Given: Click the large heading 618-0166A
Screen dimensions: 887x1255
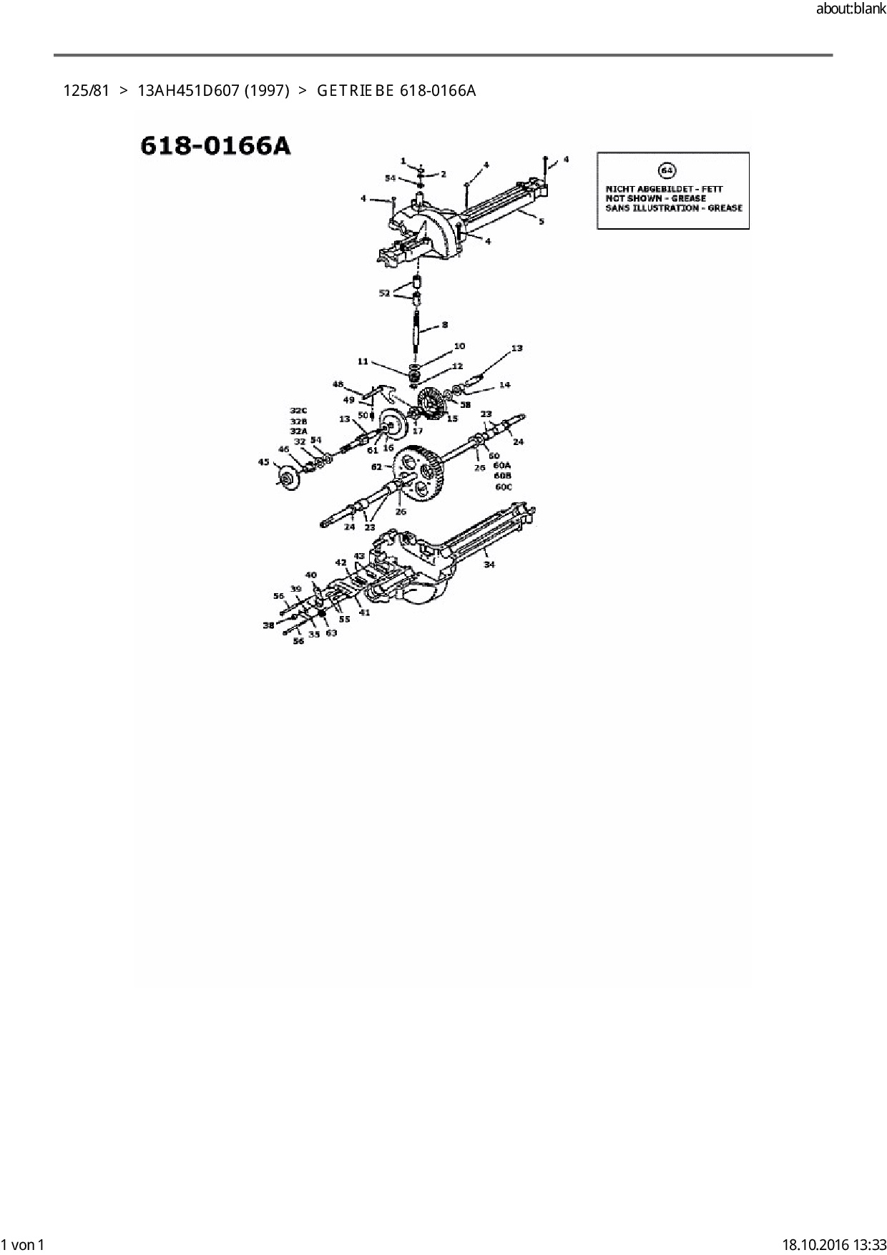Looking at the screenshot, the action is coord(215,145).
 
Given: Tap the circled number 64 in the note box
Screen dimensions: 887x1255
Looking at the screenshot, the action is coord(666,171).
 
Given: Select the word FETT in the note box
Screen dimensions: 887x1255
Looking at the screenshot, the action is coord(712,189).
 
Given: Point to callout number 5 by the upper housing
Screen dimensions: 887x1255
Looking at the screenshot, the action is coord(541,221).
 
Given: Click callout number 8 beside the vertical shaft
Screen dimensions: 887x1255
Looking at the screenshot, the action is coord(444,325).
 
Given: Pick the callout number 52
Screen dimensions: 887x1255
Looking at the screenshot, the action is coord(385,293).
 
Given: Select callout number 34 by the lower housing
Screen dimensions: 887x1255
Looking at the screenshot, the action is coord(489,565).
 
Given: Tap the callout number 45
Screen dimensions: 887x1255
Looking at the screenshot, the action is coord(264,462).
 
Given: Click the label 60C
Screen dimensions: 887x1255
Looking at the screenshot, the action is coord(504,487).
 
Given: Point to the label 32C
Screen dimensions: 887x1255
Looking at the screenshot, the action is coord(298,410).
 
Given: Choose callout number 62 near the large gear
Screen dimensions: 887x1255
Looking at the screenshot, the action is coord(376,467).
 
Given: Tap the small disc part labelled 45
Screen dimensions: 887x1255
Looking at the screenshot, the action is coord(290,479).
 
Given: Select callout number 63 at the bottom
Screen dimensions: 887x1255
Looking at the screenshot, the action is coord(331,633).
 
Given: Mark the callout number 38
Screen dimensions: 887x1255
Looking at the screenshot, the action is coord(268,625).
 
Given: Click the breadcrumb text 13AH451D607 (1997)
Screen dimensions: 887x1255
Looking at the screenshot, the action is coord(213,91).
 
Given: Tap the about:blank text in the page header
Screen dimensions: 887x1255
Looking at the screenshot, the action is coord(851,9).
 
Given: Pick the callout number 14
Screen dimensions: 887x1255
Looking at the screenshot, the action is coord(504,385).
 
